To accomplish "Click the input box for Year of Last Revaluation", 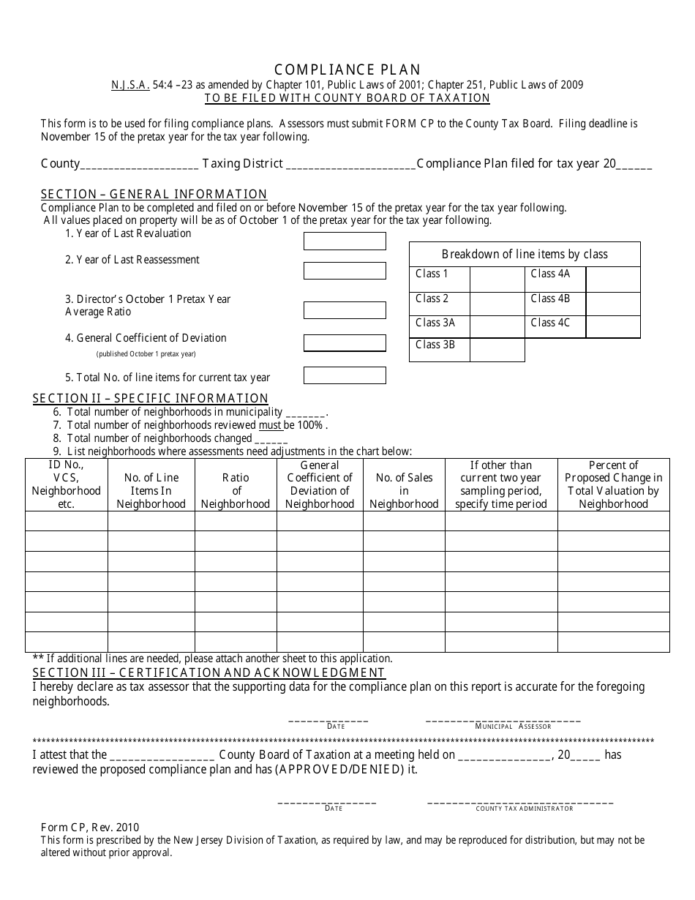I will click(x=345, y=241).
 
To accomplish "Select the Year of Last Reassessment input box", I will click(x=345, y=270).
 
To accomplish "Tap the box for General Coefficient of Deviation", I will click(x=345, y=343).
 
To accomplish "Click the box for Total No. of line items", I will click(x=345, y=375).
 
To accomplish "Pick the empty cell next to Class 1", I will click(x=497, y=280).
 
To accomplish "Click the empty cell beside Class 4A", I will click(x=613, y=280).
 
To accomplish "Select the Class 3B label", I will click(x=435, y=345).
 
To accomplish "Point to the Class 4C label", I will click(x=549, y=323).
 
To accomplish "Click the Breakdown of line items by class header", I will click(x=525, y=255).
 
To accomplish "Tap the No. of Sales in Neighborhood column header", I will click(x=404, y=484).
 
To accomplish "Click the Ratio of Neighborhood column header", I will click(x=236, y=484).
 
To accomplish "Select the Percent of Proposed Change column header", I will click(x=613, y=484).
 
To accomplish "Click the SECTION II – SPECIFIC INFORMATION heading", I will click(x=151, y=399).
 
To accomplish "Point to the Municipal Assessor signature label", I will click(x=513, y=727).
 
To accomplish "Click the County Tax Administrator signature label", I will click(x=525, y=809).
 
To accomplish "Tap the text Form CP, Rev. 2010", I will click(x=89, y=828).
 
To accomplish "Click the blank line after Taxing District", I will click(x=350, y=165).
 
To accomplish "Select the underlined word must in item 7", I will click(x=270, y=425).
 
